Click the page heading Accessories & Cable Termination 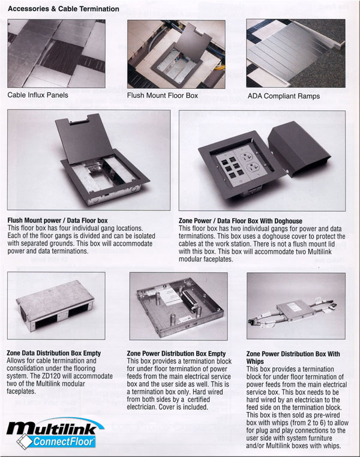point(63,9)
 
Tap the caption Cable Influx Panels point(38,95)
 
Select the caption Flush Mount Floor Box point(163,95)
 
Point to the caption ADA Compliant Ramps point(284,96)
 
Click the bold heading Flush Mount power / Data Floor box point(58,221)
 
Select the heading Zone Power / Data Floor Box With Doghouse point(241,221)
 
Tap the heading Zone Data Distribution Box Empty point(53,353)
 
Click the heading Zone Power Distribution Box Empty point(176,353)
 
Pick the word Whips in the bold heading point(255,362)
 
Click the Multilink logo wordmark point(52,428)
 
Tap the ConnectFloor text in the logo point(63,441)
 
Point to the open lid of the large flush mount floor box point(80,139)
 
